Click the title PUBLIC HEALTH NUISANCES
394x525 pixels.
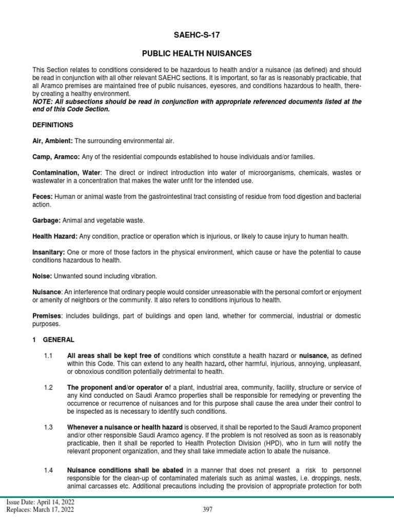196,53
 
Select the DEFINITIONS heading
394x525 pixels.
53,125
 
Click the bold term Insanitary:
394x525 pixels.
49,252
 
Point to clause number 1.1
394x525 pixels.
48,355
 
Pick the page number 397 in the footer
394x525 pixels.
207,510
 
